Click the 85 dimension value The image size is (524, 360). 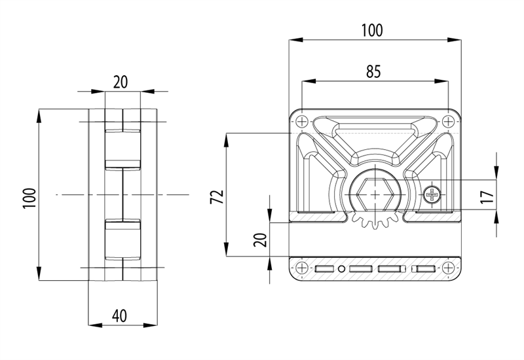tap(373, 72)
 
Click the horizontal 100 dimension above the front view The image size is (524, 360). tap(372, 30)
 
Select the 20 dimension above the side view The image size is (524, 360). tap(121, 81)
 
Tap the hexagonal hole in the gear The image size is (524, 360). tap(374, 194)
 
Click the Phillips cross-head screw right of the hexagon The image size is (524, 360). tap(432, 194)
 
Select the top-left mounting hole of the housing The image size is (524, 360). tap(301, 121)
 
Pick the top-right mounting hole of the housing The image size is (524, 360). tap(448, 121)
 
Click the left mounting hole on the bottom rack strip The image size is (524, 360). tap(301, 268)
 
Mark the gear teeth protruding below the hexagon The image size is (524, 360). tap(374, 221)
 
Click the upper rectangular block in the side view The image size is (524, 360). tap(122, 148)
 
